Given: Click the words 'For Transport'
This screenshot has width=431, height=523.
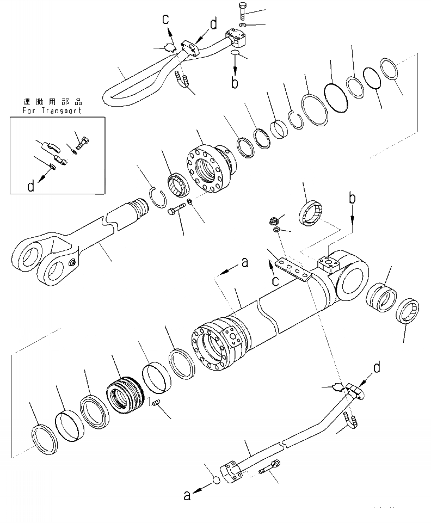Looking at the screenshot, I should point(52,110).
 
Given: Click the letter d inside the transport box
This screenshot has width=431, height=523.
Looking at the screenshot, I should point(31,186).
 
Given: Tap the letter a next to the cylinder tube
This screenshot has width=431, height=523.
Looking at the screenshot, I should point(244,263).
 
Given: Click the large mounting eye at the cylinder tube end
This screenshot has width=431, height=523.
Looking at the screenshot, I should point(352,277).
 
